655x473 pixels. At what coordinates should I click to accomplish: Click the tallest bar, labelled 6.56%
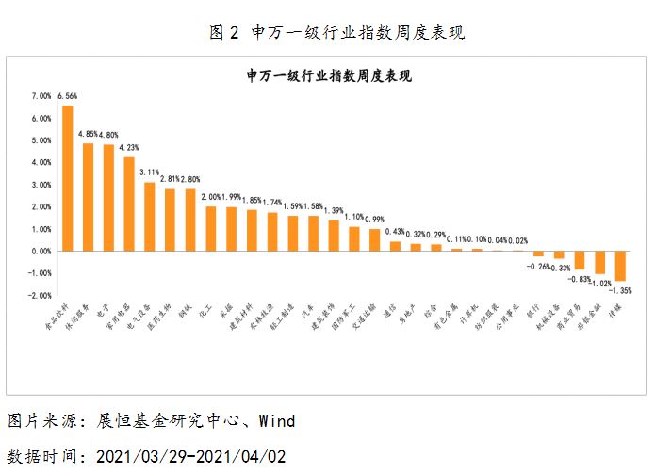click(x=68, y=178)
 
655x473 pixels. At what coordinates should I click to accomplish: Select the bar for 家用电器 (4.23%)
click(x=129, y=204)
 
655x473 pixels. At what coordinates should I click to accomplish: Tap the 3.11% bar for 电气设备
click(x=150, y=217)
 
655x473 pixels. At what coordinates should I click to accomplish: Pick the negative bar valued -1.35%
click(x=620, y=266)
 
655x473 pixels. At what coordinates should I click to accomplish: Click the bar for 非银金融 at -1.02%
click(x=599, y=262)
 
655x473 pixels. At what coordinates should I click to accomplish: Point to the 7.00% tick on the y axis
click(x=41, y=96)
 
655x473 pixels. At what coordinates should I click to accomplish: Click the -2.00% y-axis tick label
click(x=41, y=296)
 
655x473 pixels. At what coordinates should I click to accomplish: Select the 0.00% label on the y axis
click(x=41, y=252)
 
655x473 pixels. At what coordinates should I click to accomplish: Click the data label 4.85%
click(x=88, y=135)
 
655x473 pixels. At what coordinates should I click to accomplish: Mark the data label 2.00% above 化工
click(x=211, y=196)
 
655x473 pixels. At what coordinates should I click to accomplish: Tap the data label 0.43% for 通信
click(x=397, y=232)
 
